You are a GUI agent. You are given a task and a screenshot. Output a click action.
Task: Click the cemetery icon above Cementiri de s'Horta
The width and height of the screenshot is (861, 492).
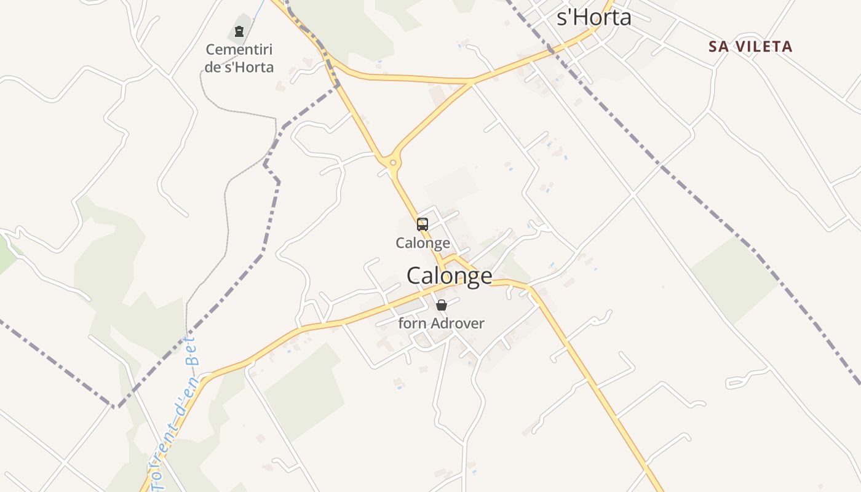pos(239,31)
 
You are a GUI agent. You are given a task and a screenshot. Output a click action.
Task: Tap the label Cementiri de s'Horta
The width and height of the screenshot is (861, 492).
pos(239,58)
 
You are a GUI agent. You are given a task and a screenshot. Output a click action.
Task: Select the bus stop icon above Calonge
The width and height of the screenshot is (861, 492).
pos(423,224)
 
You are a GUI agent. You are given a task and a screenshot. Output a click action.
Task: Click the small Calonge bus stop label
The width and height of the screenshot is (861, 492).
pos(423,243)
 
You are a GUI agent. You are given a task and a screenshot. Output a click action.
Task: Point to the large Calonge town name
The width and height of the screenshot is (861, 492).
pos(450,276)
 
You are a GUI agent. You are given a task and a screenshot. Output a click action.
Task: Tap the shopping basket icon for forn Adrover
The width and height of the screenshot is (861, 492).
pos(441,304)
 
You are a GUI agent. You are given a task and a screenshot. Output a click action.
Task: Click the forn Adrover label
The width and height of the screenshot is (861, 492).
pos(441,323)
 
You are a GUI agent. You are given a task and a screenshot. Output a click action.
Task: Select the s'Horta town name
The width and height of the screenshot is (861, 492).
pos(593,17)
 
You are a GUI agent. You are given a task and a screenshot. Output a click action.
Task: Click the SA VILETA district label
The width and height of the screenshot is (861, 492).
pos(750,47)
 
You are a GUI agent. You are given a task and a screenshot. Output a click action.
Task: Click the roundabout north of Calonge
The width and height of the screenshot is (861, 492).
pos(392,163)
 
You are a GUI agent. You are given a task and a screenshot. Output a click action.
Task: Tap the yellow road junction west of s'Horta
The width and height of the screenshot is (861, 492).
pos(470,81)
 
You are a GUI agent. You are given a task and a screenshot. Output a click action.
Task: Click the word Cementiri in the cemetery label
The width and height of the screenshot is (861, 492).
pos(239,50)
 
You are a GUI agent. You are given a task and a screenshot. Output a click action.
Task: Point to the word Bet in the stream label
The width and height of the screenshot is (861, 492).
pos(192,351)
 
